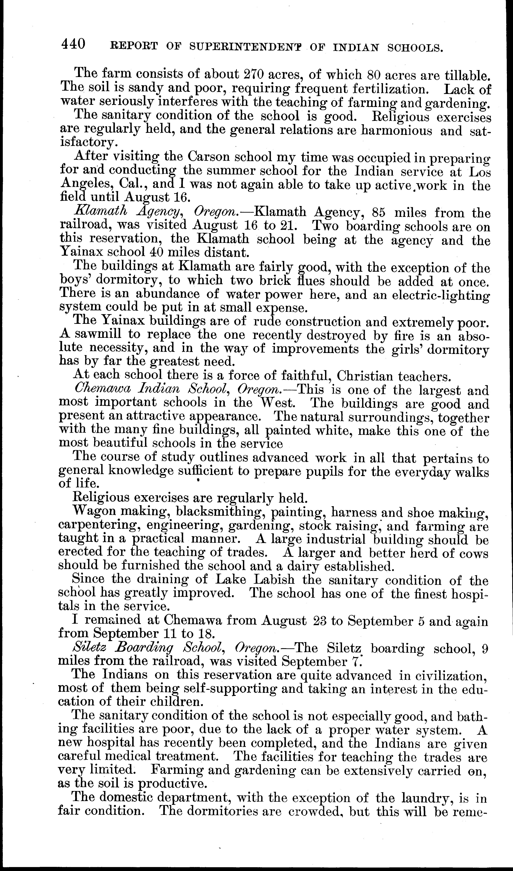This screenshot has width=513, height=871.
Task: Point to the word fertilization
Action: [391, 89]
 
